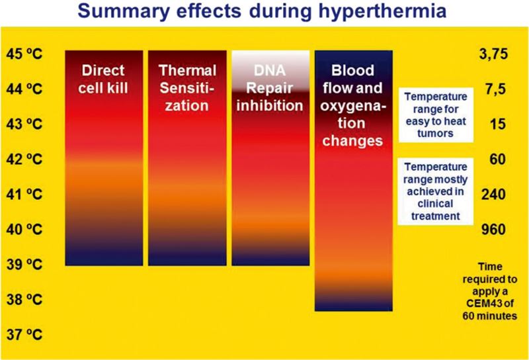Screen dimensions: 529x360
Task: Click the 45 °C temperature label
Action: pyautogui.click(x=24, y=54)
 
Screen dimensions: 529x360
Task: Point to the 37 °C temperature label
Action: pyautogui.click(x=24, y=335)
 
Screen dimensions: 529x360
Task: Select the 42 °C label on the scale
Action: pyautogui.click(x=24, y=159)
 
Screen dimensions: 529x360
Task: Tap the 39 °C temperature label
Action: pyautogui.click(x=24, y=265)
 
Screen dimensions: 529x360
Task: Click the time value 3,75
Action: pyautogui.click(x=493, y=54)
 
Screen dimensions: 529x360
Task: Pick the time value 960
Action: pyautogui.click(x=493, y=230)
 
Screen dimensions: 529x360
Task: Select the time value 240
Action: pyautogui.click(x=493, y=194)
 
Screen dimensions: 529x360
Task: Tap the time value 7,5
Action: pyautogui.click(x=495, y=89)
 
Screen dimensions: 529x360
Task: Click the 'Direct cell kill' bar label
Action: pyautogui.click(x=103, y=79)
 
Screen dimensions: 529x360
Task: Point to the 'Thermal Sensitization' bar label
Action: pyautogui.click(x=187, y=88)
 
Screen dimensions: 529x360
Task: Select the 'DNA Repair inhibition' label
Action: pyautogui.click(x=270, y=88)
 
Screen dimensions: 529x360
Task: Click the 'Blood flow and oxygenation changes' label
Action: pyautogui.click(x=353, y=105)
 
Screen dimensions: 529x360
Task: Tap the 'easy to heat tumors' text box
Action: pyautogui.click(x=436, y=115)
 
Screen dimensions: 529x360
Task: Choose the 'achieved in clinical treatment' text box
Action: pyautogui.click(x=436, y=191)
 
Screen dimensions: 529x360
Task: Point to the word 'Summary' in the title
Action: pyautogui.click(x=124, y=11)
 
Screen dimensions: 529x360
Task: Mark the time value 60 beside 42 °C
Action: pyautogui.click(x=498, y=159)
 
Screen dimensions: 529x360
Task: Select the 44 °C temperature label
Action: pyautogui.click(x=24, y=89)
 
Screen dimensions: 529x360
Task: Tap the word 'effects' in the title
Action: pyautogui.click(x=209, y=11)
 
